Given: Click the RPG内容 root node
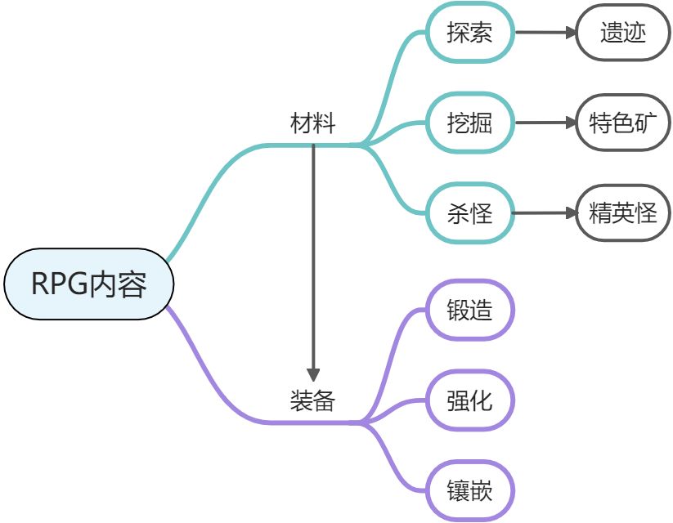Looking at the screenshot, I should pyautogui.click(x=89, y=284).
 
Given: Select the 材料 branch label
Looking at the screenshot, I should pyautogui.click(x=313, y=124).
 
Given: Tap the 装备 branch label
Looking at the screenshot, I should pyautogui.click(x=313, y=400).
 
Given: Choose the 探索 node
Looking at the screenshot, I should pyautogui.click(x=469, y=34).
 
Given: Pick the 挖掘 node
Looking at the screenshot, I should pyautogui.click(x=469, y=123).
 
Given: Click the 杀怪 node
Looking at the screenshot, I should pyautogui.click(x=469, y=214).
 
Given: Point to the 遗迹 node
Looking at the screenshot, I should pyautogui.click(x=623, y=34).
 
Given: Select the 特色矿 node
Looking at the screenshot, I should pyautogui.click(x=623, y=123).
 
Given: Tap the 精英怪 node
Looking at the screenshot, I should pyautogui.click(x=623, y=214).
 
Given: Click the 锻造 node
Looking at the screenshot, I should pyautogui.click(x=469, y=310).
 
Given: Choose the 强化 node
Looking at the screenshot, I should pyautogui.click(x=469, y=400).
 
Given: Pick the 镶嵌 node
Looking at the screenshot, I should pyautogui.click(x=469, y=491).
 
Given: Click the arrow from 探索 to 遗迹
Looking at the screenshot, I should pyautogui.click(x=545, y=34).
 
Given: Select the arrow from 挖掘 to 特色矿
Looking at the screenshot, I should pyautogui.click(x=545, y=123).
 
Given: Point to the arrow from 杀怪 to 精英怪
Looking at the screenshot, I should pyautogui.click(x=545, y=214).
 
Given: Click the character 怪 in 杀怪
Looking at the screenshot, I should pyautogui.click(x=482, y=214).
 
